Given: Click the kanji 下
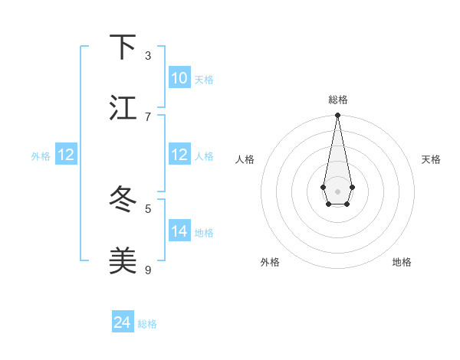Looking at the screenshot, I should point(123,47).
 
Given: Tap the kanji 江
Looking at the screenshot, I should point(123,107).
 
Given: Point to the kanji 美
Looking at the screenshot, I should point(123,261).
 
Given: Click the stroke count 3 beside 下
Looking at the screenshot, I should point(148,56).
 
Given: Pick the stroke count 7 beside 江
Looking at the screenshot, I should point(148,116).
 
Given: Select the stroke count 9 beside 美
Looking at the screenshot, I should point(148,270).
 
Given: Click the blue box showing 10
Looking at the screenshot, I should point(179,78).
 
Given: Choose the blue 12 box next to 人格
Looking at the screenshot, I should point(179,155).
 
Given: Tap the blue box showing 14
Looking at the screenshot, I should point(179,231).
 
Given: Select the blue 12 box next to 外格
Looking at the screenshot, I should point(66,155).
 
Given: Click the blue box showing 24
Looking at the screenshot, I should point(123,322).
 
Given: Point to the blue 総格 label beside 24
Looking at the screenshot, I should point(147,324).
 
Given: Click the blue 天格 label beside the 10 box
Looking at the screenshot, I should point(204,80).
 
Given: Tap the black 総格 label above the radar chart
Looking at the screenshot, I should point(337,100).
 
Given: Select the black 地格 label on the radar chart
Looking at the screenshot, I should point(402,262).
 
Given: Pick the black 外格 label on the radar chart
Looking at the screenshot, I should point(270,262).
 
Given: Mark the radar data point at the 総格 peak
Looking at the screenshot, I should point(337,115).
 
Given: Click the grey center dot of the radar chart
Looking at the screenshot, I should point(337,191).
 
